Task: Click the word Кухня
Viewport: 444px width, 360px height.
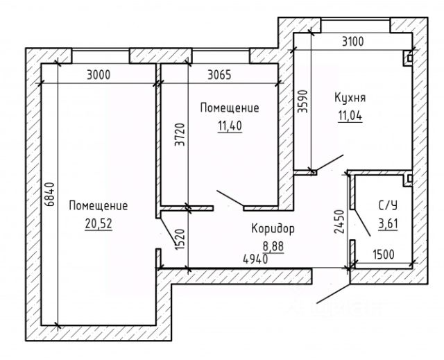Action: point(350,98)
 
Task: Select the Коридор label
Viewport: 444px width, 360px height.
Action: point(273,228)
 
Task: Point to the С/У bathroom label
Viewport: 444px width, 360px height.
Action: point(388,205)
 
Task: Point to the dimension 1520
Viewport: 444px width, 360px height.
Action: point(180,240)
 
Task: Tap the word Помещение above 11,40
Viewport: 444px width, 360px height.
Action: point(229,108)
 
